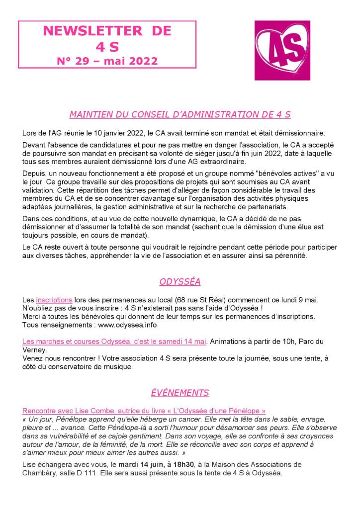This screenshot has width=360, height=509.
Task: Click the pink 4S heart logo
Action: click(282, 50)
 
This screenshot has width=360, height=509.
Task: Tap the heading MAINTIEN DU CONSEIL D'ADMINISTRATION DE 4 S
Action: click(180, 114)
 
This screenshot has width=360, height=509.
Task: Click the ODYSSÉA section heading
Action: click(180, 282)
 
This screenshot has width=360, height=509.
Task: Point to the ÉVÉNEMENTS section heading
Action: click(180, 393)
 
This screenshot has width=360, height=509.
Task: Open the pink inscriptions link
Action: click(54, 300)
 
